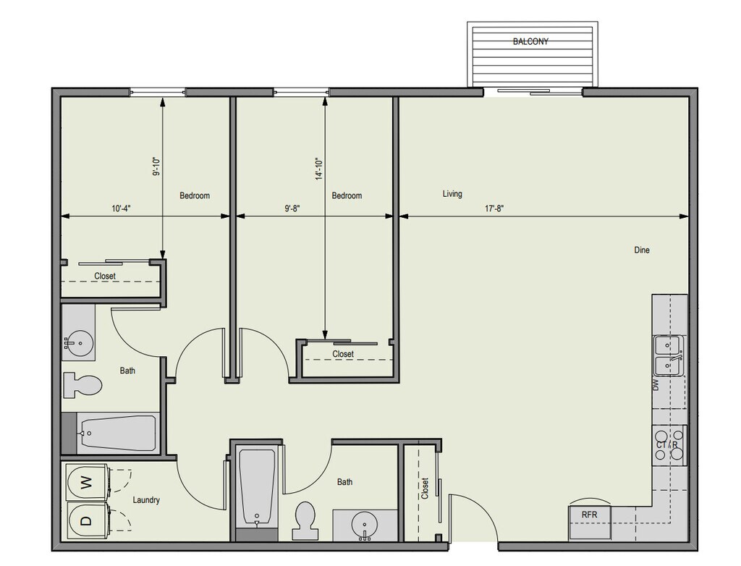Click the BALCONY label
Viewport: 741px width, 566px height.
coord(530,41)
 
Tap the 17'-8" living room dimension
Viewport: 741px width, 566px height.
coord(494,208)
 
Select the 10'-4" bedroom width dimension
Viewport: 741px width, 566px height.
coord(121,208)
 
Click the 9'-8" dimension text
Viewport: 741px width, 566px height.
coord(292,208)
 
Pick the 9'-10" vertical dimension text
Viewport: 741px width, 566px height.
coord(156,166)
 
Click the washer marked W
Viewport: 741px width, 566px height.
coord(87,483)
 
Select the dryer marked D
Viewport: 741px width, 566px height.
coord(87,520)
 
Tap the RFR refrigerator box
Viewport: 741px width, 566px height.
coord(590,523)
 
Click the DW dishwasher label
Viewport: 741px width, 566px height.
coord(656,385)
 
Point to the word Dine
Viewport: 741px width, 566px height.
coord(642,250)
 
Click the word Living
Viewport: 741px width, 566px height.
coord(452,194)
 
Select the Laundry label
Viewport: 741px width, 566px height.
coord(146,500)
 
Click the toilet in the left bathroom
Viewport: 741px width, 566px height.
coord(82,385)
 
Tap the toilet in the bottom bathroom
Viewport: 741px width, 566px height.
coord(305,520)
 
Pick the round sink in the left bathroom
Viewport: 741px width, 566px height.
coord(80,342)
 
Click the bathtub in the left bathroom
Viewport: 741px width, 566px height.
coord(117,433)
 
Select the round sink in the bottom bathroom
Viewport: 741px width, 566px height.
coord(365,525)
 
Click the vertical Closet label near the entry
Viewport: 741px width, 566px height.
coord(425,489)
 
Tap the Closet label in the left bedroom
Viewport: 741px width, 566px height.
coord(105,276)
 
